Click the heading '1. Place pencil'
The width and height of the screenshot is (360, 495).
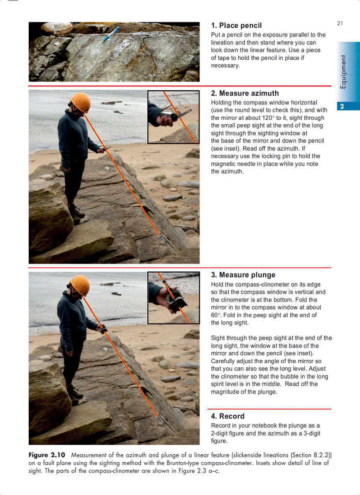tap(236, 26)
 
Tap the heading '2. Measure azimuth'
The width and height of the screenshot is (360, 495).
tap(245, 93)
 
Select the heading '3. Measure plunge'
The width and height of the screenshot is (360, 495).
tap(243, 275)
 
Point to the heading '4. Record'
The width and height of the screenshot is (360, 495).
tap(228, 416)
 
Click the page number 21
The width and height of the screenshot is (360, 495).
tap(340, 23)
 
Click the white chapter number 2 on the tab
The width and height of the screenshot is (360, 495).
tap(342, 106)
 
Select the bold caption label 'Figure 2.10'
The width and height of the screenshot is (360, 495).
tap(47, 455)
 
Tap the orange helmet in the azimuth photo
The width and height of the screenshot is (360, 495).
tap(80, 102)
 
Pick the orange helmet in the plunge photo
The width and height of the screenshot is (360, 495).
tap(80, 285)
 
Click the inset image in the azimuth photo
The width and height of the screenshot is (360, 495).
tap(173, 117)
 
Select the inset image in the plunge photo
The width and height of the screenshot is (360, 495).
tap(173, 298)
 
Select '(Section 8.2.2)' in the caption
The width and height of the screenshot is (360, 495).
tap(311, 455)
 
